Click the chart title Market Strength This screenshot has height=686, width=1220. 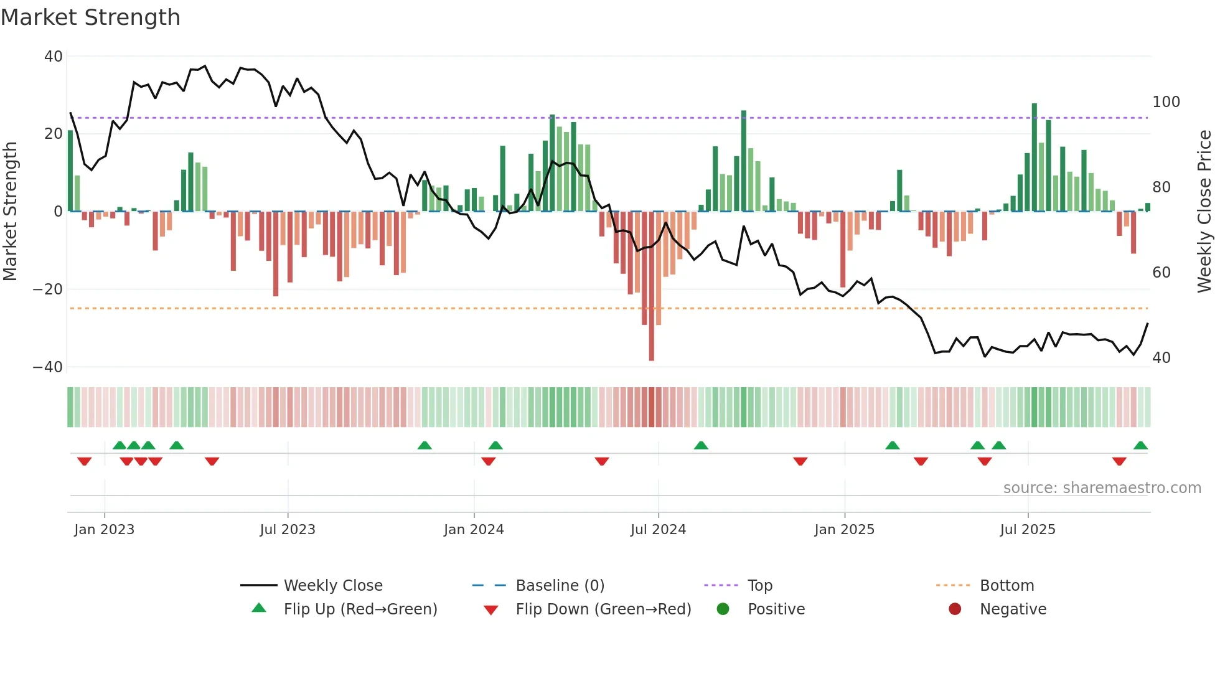point(90,17)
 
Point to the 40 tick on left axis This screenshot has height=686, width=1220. point(54,57)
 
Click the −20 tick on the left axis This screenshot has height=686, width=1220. point(47,289)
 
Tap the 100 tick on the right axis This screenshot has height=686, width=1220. point(1166,102)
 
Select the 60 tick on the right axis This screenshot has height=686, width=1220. point(1161,273)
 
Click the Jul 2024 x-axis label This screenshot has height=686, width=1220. point(658,530)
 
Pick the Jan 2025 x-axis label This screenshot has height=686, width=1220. point(844,530)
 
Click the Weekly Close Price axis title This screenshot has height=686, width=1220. point(1204,212)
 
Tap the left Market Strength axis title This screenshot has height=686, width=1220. point(10,212)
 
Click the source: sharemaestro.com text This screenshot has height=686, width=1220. point(1102,488)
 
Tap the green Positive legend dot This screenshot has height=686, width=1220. point(723,609)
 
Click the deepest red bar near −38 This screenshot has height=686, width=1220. point(652,286)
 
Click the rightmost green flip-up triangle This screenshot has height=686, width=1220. point(1140,446)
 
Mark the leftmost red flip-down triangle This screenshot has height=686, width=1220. point(85,461)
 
